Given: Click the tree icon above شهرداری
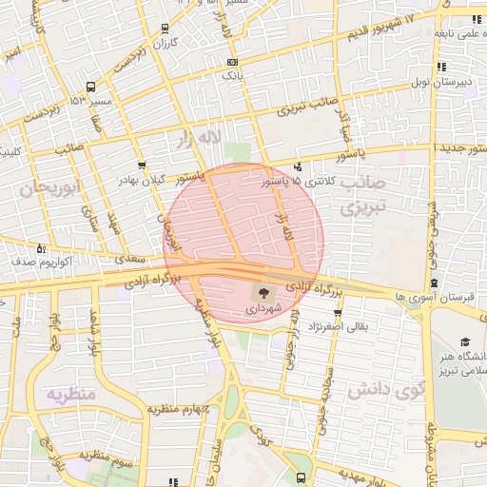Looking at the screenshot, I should click(263, 292).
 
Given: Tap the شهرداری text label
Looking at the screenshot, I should click(263, 309).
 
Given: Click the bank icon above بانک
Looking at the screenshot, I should click(233, 62).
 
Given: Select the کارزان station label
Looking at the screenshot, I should click(166, 45).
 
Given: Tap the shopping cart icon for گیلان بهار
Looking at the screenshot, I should click(142, 164).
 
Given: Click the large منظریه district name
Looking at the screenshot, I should click(72, 394).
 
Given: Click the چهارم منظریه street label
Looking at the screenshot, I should click(177, 410).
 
